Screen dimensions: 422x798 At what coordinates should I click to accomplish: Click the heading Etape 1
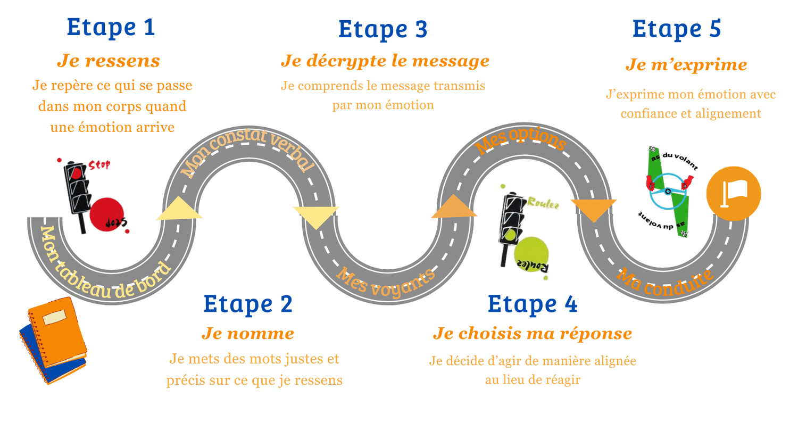pos(111,28)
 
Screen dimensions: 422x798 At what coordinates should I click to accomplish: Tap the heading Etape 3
pos(383,29)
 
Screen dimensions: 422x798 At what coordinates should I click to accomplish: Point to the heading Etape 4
pos(532,304)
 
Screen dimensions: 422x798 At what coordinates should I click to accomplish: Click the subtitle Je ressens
pos(109,61)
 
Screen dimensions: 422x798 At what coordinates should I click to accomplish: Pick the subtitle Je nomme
pos(247,334)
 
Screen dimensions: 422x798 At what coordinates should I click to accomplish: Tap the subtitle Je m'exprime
pos(686,65)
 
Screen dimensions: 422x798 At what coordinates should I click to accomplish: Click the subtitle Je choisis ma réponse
pos(532,334)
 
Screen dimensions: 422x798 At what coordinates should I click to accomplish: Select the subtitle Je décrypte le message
pos(385,61)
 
